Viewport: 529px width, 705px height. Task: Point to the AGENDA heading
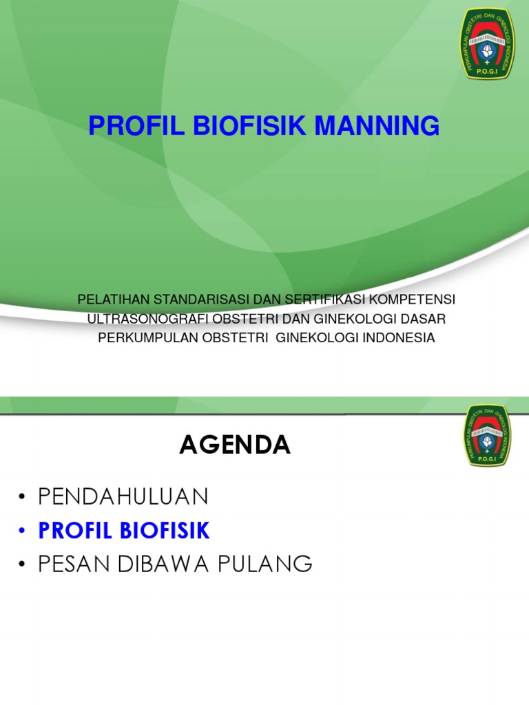pos(235,445)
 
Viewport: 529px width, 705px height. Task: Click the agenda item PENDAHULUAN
pos(123,496)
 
